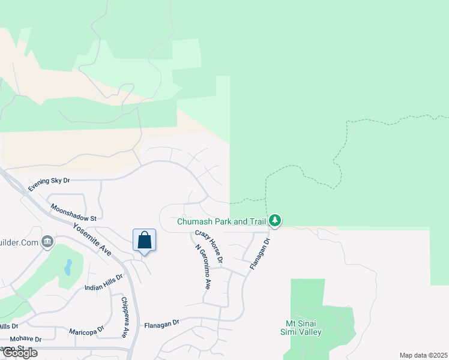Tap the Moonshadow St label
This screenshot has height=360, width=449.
coord(73,212)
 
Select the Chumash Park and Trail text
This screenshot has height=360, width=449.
coord(221,221)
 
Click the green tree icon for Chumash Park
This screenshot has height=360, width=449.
coord(275,221)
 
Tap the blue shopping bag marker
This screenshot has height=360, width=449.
coord(144,240)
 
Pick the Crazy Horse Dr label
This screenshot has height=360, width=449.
coord(208,247)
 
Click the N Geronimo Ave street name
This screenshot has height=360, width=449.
coord(203,267)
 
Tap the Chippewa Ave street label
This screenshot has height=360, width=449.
coord(125,317)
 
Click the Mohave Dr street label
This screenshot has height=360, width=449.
coord(25,339)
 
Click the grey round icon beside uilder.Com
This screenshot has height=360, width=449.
coord(47,242)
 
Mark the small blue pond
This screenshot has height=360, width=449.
coord(68,266)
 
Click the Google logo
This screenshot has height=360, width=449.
coord(19,353)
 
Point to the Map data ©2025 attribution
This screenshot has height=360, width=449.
coord(423,355)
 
